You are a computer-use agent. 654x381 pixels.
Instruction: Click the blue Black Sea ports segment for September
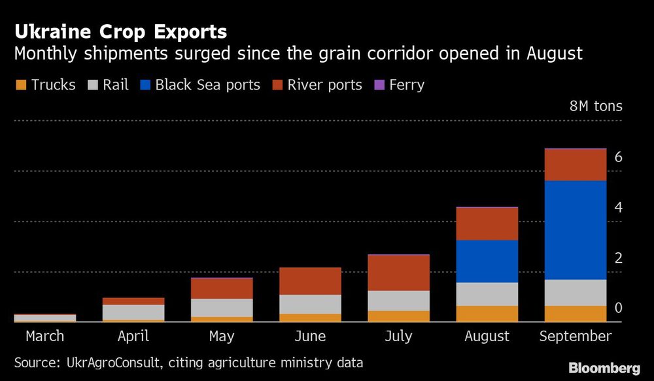575,229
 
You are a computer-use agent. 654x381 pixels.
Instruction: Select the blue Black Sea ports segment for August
487,261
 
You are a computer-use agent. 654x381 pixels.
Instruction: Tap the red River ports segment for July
398,273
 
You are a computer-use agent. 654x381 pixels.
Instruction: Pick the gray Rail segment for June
310,304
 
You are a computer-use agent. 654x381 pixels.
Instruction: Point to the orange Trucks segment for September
575,314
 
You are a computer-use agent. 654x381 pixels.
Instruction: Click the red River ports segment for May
222,288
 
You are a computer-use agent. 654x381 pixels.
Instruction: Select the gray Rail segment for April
133,312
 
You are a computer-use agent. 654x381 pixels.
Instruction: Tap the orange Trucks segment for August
487,314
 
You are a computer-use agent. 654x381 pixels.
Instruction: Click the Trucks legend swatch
21,85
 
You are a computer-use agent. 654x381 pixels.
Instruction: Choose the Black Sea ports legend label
207,85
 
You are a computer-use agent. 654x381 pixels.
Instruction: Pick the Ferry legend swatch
377,85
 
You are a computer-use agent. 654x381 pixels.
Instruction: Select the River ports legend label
324,85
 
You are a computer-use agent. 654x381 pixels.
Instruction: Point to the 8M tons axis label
596,106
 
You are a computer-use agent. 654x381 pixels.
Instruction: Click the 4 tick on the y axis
618,208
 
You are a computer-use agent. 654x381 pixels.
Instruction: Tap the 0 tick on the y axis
618,308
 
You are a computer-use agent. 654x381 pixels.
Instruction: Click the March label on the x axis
45,337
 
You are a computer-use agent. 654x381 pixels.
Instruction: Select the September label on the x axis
575,337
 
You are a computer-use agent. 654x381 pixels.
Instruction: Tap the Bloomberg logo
604,368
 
